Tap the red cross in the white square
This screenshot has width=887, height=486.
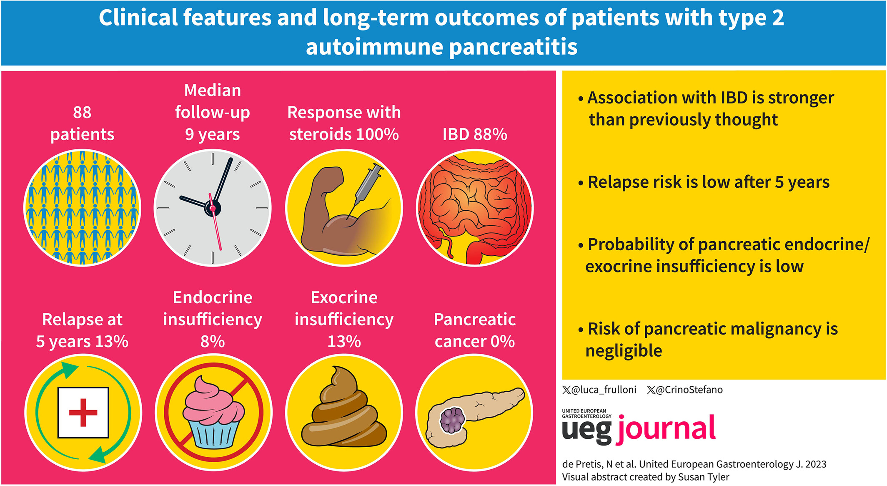coord(83,413)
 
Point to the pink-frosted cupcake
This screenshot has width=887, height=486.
coord(213,412)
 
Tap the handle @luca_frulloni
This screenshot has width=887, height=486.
coord(599,390)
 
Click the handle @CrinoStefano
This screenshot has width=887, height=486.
coord(685,390)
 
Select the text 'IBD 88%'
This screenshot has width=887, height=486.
coord(475,134)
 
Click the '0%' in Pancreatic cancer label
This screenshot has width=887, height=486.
coord(502,341)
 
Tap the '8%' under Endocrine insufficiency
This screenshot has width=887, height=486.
coord(213,341)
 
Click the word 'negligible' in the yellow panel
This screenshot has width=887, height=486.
coord(624,351)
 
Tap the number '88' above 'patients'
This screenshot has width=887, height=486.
coord(82,112)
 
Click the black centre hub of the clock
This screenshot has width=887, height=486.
coord(213,208)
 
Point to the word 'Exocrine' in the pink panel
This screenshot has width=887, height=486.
coord(344,297)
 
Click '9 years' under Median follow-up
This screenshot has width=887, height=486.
coord(213,134)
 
